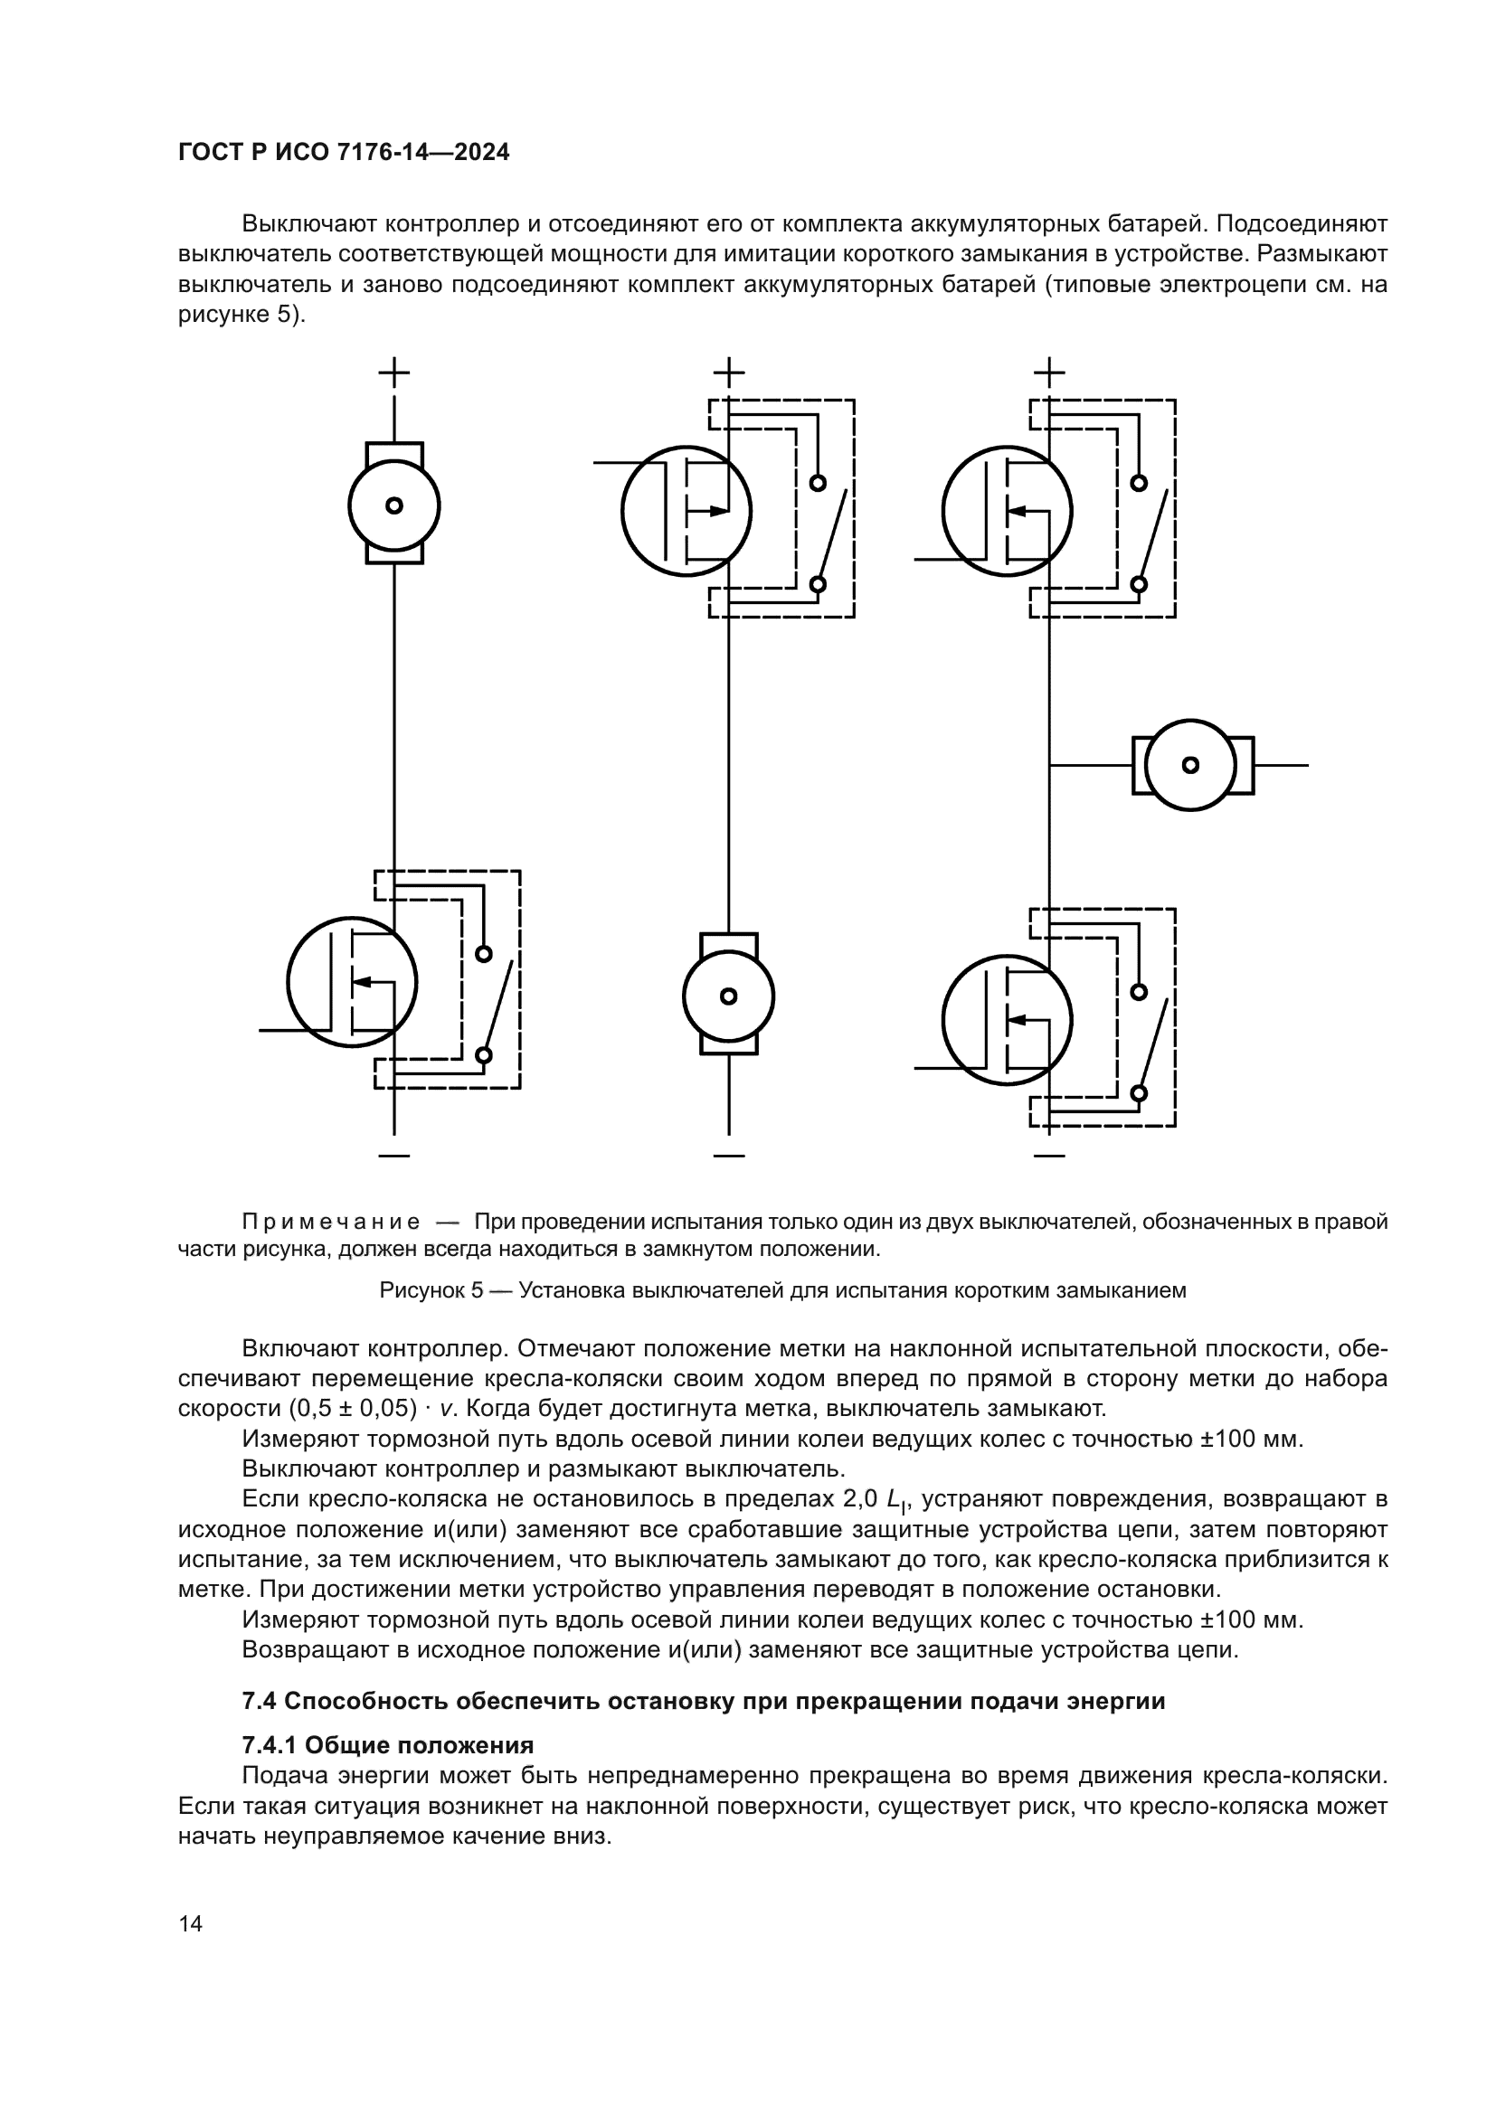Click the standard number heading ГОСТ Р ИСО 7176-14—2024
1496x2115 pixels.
pos(344,153)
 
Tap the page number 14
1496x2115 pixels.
pos(191,1923)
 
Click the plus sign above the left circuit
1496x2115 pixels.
pos(394,373)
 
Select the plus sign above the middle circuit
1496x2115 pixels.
pos(729,373)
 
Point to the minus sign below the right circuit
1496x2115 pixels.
pos(1049,1155)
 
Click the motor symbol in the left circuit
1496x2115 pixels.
pos(394,505)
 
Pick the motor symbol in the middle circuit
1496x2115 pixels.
pos(729,996)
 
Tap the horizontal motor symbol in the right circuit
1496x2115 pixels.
pos(1191,765)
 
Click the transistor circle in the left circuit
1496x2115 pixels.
pos(352,981)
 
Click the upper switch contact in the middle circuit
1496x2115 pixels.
pos(817,483)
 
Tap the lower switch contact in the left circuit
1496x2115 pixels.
pos(483,1055)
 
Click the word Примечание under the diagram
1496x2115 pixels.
pos(331,1223)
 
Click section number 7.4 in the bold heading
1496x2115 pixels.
pos(260,1702)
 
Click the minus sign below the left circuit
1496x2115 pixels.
pos(394,1155)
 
